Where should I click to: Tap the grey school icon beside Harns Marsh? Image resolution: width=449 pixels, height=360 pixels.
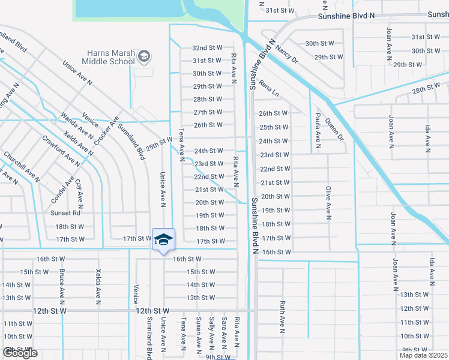point(144,57)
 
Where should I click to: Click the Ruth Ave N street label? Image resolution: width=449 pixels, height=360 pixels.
point(281,317)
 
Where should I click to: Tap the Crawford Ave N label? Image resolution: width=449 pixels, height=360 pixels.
point(61,151)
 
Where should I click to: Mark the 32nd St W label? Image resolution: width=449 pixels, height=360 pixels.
point(207,47)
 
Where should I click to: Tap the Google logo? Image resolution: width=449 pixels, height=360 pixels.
point(20,353)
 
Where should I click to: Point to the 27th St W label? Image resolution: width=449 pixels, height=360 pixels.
point(208,112)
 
